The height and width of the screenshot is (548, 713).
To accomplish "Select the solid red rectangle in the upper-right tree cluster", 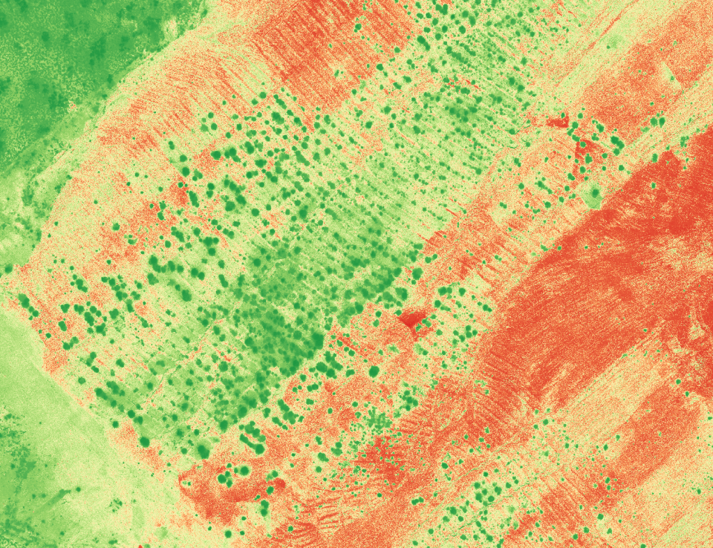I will pos(557,123).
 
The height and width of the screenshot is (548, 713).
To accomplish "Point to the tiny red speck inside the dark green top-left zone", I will pos(72,107).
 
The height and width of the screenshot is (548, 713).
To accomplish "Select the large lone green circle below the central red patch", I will pos(373,371).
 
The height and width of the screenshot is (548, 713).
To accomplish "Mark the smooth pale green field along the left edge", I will pos(42,390).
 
